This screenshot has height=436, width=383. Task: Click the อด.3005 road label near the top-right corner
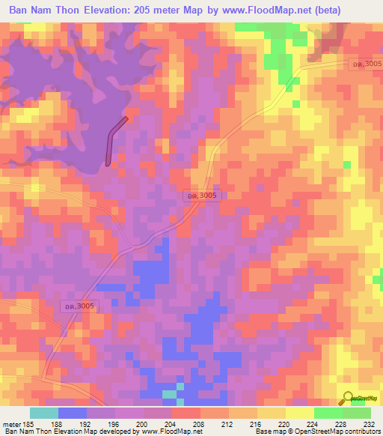[x=367, y=65]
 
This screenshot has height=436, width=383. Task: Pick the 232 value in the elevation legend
[x=369, y=424]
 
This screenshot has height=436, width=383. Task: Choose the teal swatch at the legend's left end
[x=44, y=413]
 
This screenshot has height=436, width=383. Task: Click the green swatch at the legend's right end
[x=356, y=413]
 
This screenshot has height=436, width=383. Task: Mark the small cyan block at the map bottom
[x=171, y=394]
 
